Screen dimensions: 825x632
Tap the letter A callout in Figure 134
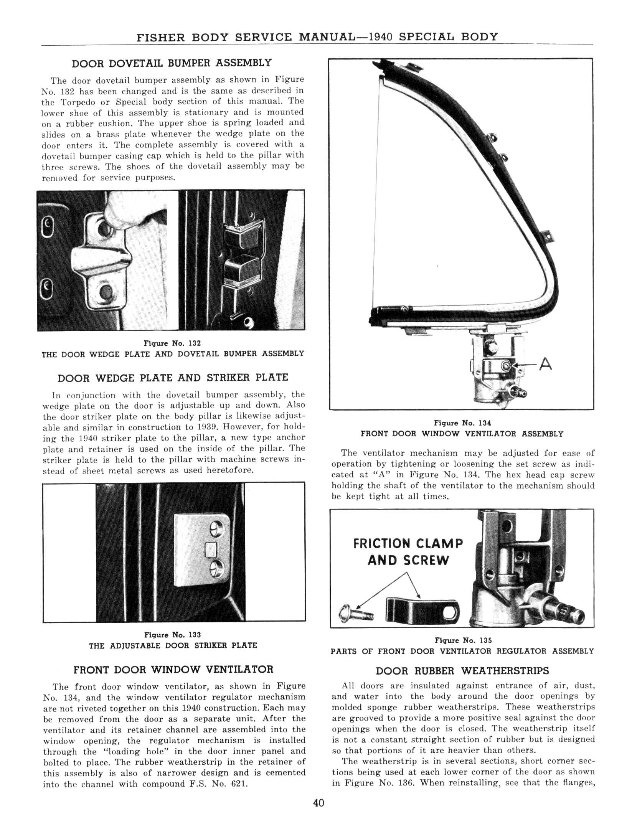tap(545, 364)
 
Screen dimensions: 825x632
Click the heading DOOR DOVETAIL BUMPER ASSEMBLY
tap(172, 63)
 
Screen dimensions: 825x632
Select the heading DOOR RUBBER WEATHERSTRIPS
tap(462, 671)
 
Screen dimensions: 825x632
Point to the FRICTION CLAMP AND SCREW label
tap(408, 552)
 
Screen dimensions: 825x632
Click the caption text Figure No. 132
tap(172, 343)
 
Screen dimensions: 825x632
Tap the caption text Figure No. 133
tap(172, 635)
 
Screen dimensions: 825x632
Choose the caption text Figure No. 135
tap(463, 640)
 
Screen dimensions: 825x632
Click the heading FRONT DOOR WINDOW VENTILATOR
tap(173, 670)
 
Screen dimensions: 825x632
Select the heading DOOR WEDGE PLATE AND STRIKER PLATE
tap(173, 378)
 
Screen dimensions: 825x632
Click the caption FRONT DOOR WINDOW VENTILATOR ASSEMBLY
tap(462, 434)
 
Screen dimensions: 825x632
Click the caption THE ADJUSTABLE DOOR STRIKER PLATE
tap(173, 645)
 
